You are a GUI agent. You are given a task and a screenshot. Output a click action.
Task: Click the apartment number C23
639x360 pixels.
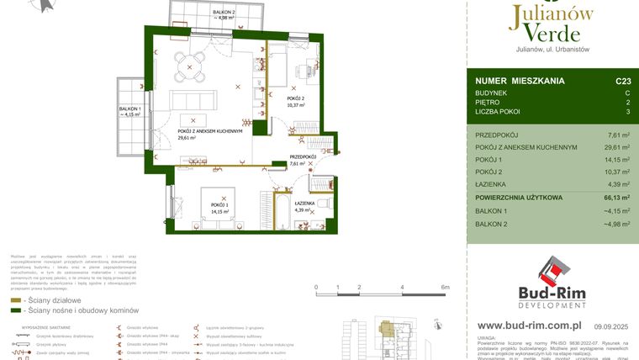click(x=622, y=81)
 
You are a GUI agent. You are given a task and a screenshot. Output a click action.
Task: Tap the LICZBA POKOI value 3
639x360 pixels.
click(x=627, y=111)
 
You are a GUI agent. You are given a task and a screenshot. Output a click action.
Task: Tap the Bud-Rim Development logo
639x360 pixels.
click(x=552, y=282)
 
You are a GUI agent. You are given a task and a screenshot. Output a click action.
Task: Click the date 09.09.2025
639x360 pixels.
click(x=611, y=326)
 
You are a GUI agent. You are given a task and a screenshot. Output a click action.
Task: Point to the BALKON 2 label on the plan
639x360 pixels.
click(x=199, y=12)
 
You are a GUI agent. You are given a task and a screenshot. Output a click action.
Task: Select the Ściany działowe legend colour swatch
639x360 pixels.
click(x=16, y=300)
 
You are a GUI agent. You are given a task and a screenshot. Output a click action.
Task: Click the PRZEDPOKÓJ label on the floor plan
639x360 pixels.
click(x=303, y=156)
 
